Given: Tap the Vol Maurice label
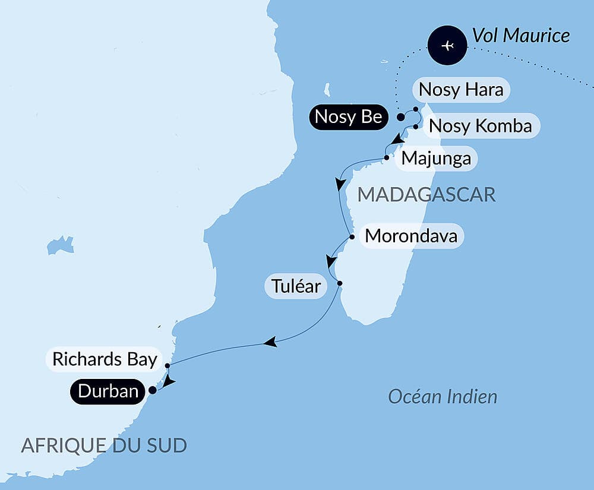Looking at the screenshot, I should pos(521,36).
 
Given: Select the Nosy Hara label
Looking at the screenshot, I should pos(461,90).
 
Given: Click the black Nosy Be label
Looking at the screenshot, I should pos(348,117).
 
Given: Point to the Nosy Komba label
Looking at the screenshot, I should pos(479,126).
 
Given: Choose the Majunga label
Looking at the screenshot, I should pos(436,159).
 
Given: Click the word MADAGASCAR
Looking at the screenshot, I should pos(426,194).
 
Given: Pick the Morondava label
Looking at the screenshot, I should pos(411,236).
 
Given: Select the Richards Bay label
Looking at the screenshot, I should pos(105,359).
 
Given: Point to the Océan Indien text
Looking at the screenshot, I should pos(443,396).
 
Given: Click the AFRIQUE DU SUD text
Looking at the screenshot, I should pos(104,445).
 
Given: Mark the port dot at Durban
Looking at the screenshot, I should pos(152,391).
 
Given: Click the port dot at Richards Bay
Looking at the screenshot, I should pos(168,365).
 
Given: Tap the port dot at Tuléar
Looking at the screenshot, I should pos(339,283).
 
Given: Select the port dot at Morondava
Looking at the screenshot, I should pos(352,237).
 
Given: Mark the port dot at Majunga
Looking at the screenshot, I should pos(387,158).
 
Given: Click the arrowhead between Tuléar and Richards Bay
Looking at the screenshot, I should pos(270,342).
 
